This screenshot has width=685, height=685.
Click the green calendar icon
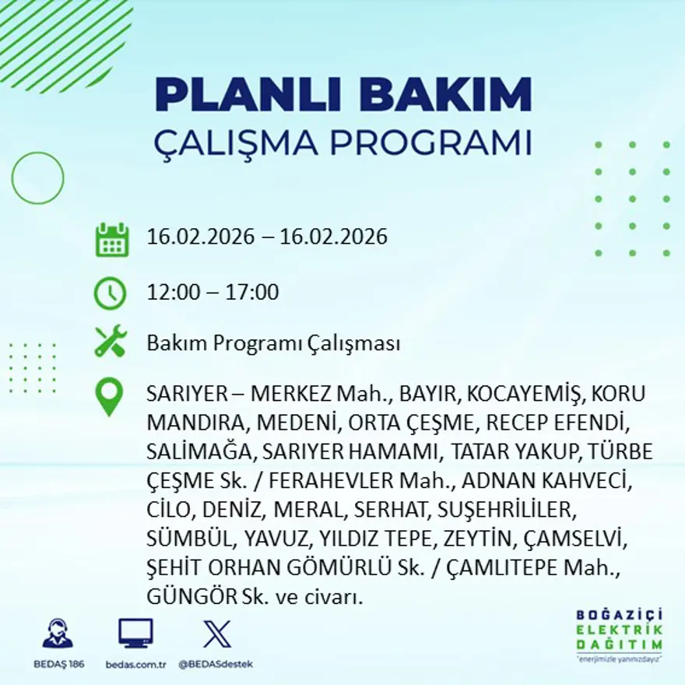coord(111,240)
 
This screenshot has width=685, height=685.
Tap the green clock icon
coord(110,293)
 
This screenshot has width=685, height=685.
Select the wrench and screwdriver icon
coord(110,342)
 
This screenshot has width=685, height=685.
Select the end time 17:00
coord(253,293)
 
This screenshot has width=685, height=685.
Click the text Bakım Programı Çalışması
coord(273,342)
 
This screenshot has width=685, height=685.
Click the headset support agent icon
coord(57,634)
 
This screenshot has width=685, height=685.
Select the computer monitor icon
coord(135,634)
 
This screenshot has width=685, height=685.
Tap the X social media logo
coord(216,634)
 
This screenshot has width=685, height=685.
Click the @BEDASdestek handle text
coord(216,664)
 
